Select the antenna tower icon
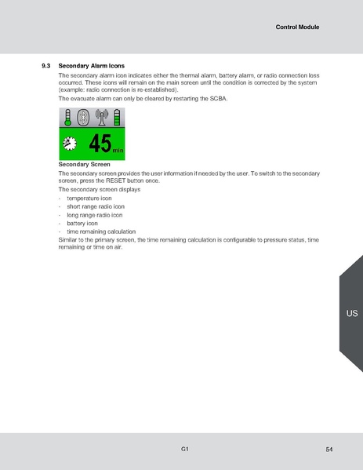100,118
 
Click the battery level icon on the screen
118,118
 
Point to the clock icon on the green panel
71,144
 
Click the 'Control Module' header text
297,27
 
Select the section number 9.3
45,65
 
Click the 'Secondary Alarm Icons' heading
92,65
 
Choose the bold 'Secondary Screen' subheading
84,165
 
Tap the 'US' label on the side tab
351,313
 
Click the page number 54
329,449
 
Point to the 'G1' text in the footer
184,448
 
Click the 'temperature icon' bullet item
89,199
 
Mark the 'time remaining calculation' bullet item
101,231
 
